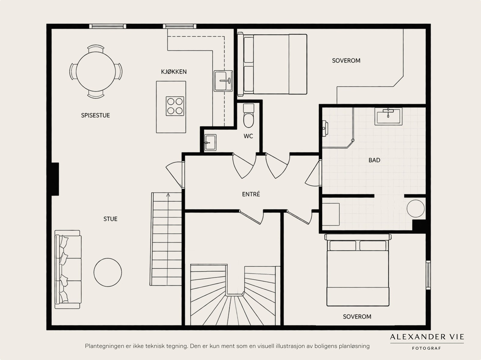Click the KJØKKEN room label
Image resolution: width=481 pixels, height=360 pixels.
point(174,72)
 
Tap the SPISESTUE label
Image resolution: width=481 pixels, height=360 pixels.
point(95,115)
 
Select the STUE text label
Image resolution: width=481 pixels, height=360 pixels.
point(110,219)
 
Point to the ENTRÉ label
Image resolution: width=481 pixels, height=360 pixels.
point(251,194)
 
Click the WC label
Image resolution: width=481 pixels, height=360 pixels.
point(248,136)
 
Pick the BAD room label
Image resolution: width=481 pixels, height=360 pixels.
point(374,160)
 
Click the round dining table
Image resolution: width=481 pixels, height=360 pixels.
point(96,72)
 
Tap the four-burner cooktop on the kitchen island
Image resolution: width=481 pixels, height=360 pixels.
point(175,106)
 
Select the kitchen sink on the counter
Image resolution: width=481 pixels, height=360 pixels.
point(223,81)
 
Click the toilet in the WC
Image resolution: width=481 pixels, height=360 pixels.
point(249,116)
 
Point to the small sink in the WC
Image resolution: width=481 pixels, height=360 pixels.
point(210,142)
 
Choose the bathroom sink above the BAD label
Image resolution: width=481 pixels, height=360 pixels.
point(388,116)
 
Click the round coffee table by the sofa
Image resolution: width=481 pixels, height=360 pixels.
point(108,272)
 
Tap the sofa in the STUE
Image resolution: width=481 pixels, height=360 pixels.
point(68,269)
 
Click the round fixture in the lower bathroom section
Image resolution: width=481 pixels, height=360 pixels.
point(415,209)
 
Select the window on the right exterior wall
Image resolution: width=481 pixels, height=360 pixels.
point(428,275)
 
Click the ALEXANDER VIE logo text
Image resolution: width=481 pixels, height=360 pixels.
point(427,337)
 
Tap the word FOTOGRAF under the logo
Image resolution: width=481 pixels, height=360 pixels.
point(426,348)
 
